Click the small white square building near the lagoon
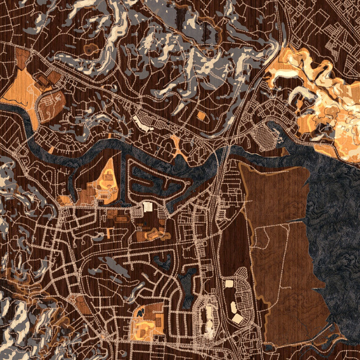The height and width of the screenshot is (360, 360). tap(148, 207)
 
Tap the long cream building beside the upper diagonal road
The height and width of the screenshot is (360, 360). tap(142, 122)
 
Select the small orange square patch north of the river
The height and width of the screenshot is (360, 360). tap(201, 116)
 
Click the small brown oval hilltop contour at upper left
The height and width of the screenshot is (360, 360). tap(91, 49)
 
